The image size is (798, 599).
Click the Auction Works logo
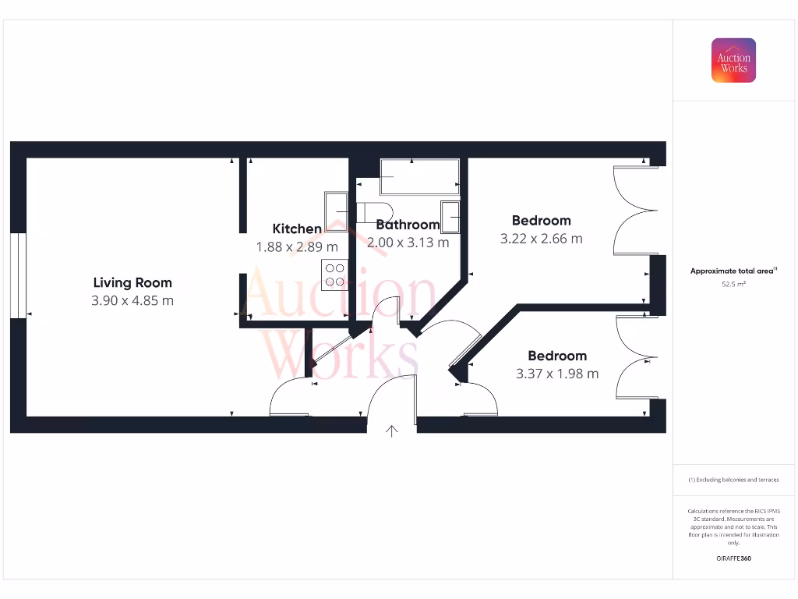[733, 61]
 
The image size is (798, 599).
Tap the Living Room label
[132, 282]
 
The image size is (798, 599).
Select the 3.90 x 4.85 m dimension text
[132, 300]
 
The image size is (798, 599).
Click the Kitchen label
[297, 229]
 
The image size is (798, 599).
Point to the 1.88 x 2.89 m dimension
[297, 246]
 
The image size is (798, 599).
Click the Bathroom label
[408, 225]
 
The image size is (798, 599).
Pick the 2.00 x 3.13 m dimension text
[408, 243]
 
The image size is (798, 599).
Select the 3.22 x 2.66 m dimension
[541, 239]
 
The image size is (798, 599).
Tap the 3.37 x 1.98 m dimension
[557, 374]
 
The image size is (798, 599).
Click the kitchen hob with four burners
[335, 275]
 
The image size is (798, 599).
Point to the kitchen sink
[337, 207]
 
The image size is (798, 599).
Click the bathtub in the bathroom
[419, 177]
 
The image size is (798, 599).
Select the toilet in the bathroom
[374, 212]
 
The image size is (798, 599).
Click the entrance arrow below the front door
[391, 430]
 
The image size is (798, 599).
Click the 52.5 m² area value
[733, 285]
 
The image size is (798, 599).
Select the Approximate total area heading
[733, 271]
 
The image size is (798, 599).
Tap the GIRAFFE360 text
[733, 558]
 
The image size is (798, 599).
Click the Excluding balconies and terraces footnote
[733, 480]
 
